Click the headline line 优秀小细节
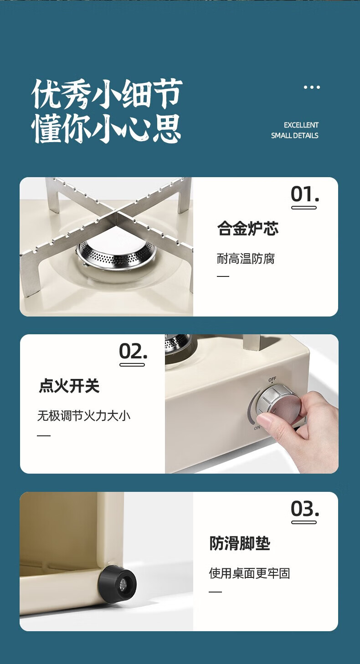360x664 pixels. [107, 93]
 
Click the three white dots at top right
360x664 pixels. [312, 87]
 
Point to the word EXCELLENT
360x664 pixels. [301, 125]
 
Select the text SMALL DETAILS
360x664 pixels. [294, 135]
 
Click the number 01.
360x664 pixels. [305, 194]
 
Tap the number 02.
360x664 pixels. [133, 351]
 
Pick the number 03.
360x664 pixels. [305, 509]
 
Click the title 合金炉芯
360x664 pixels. [248, 228]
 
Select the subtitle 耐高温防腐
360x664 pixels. [246, 259]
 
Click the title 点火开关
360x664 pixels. [69, 386]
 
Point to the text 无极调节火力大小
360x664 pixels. [84, 416]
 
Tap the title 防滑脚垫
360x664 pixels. [240, 543]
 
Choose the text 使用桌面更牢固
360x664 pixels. [249, 573]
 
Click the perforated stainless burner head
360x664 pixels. [116, 252]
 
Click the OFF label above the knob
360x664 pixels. [272, 379]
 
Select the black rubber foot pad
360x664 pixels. [117, 584]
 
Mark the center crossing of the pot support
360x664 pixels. [118, 213]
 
